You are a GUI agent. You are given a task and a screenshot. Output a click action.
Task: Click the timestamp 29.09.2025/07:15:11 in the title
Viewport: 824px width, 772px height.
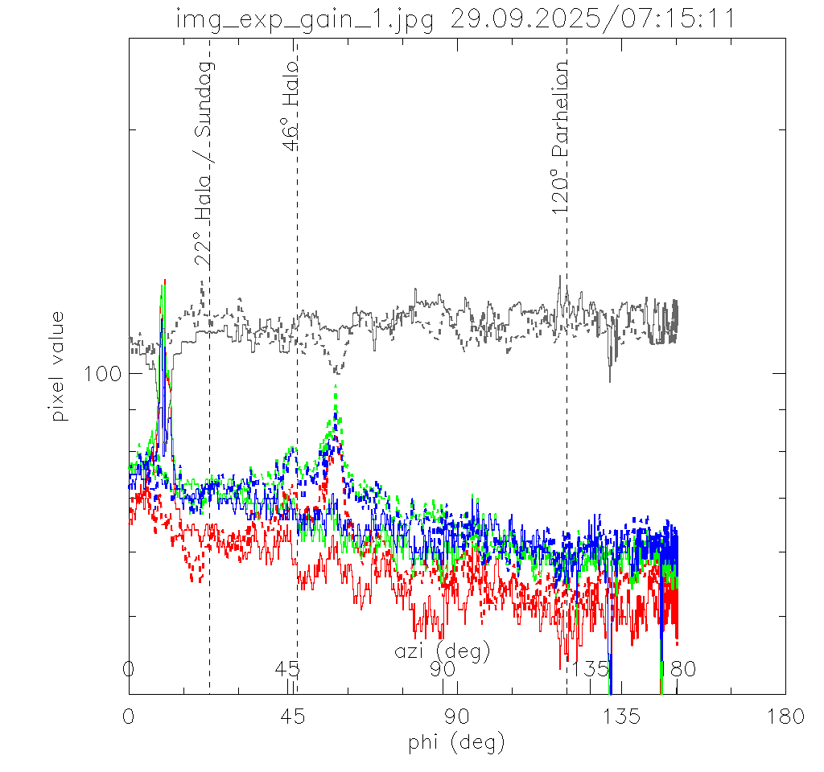(x=593, y=18)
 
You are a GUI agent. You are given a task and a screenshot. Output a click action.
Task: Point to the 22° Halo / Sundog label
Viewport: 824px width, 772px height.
(x=204, y=162)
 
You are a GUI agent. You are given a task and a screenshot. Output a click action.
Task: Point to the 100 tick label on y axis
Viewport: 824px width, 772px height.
(x=102, y=373)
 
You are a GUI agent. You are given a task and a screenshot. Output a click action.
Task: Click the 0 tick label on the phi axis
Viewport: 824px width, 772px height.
(x=129, y=716)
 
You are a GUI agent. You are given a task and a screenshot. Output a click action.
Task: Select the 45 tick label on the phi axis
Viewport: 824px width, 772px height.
(x=293, y=716)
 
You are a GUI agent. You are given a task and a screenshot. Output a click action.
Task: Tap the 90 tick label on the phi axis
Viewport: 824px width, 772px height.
(x=456, y=716)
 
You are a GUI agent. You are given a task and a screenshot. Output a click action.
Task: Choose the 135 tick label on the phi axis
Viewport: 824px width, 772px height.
(x=620, y=716)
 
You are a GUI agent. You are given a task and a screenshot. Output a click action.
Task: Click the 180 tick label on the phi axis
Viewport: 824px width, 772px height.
(x=785, y=716)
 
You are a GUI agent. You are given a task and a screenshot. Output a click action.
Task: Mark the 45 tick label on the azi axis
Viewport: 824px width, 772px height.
(x=287, y=669)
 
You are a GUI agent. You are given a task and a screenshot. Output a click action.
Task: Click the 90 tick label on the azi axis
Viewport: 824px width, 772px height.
(x=443, y=669)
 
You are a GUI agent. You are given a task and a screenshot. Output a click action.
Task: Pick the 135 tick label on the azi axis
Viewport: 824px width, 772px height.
(x=590, y=669)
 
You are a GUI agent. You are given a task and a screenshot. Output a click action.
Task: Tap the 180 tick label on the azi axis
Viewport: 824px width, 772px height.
(x=677, y=669)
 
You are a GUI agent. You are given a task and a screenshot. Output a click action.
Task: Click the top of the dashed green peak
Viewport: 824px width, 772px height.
(x=335, y=387)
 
